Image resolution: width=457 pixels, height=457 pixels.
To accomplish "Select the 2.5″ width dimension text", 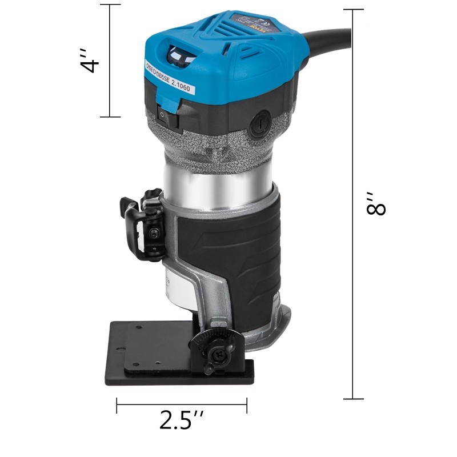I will [182, 421].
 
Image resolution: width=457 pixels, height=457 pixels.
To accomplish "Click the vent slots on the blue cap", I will [240, 46].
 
